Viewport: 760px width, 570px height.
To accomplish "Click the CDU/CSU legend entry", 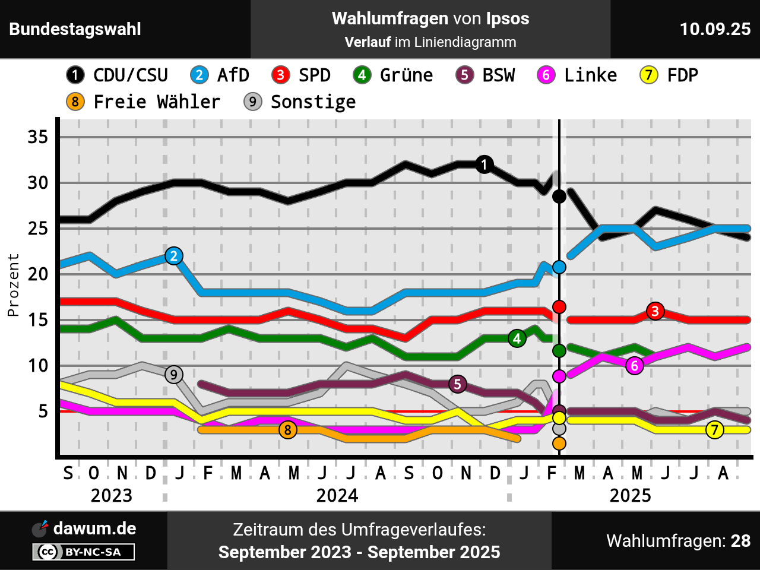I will (118, 75).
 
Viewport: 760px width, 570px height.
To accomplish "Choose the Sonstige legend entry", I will (300, 102).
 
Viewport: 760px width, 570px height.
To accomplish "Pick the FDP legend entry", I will (669, 75).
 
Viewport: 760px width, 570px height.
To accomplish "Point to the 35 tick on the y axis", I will (38, 137).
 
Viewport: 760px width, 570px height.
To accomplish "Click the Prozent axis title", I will (13, 285).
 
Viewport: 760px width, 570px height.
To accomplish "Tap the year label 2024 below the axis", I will (337, 495).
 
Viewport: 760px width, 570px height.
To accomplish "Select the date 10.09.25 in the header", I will (715, 29).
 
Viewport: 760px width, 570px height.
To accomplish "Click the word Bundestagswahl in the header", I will (75, 29).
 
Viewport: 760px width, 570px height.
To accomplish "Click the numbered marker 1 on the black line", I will (484, 164).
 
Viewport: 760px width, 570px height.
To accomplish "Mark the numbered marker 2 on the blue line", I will (173, 256).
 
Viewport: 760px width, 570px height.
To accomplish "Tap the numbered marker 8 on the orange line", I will (288, 430).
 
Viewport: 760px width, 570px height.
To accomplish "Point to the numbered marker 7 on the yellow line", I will (715, 430).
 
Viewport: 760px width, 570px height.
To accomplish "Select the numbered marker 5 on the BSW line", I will (457, 384).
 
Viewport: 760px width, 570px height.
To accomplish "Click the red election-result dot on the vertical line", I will (559, 307).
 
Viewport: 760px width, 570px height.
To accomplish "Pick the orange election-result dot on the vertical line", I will (559, 443).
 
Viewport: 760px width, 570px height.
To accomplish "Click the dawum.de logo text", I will (94, 528).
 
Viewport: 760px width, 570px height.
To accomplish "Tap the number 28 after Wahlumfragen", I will (740, 541).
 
